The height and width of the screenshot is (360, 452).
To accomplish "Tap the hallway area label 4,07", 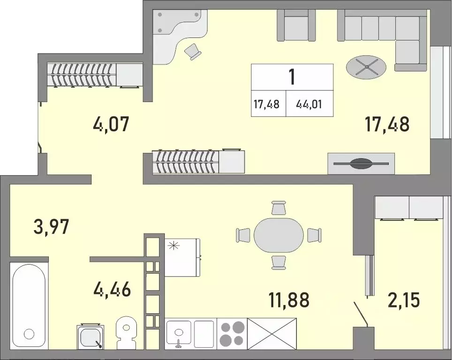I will (x=111, y=125).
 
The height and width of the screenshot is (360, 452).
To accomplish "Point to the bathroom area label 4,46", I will (x=112, y=289).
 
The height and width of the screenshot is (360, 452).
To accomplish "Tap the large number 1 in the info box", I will (x=292, y=76).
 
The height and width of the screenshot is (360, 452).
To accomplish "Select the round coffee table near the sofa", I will (x=367, y=67).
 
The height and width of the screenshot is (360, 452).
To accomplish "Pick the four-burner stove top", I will (x=231, y=333).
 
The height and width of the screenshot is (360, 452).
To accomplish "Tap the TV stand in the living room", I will (x=361, y=164).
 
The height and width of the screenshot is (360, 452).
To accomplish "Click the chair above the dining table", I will (x=279, y=207).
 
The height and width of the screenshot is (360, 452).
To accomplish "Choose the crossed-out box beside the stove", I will (x=272, y=333).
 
